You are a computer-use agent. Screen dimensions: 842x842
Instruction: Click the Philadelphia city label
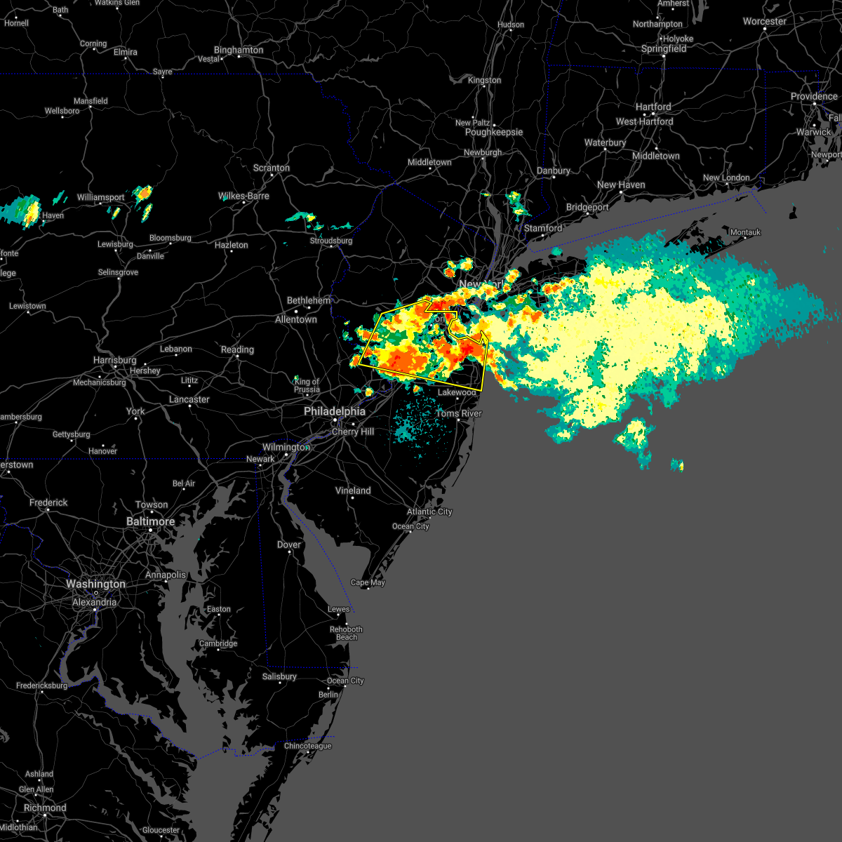point(335,412)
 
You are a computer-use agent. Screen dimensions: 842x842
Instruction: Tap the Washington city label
point(95,584)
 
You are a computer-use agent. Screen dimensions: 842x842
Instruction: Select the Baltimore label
point(150,521)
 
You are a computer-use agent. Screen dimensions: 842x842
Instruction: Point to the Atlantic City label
point(429,512)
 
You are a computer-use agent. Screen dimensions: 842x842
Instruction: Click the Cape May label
point(368,582)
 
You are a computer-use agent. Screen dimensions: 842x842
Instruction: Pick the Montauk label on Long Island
point(745,232)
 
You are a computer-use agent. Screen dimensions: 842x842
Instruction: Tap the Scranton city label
point(272,168)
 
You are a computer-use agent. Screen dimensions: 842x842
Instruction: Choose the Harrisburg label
point(115,360)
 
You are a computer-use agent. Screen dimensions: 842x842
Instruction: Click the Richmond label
point(45,808)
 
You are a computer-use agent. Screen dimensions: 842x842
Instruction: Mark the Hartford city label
point(653,107)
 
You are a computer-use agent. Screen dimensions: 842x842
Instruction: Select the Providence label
point(814,96)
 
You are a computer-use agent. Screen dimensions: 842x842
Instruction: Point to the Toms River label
point(459,413)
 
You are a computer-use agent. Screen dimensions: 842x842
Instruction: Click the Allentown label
point(296,319)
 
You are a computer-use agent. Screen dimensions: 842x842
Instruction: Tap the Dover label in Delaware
point(289,544)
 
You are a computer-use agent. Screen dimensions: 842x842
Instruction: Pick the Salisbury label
point(279,676)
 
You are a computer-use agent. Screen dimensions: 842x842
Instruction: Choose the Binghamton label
point(239,50)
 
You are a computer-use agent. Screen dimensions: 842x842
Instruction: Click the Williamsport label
point(101,198)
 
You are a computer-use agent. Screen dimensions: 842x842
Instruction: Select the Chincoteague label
point(307,746)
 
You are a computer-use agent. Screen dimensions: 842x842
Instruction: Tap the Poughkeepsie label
point(494,132)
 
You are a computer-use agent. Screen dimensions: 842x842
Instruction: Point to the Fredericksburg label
point(42,686)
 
